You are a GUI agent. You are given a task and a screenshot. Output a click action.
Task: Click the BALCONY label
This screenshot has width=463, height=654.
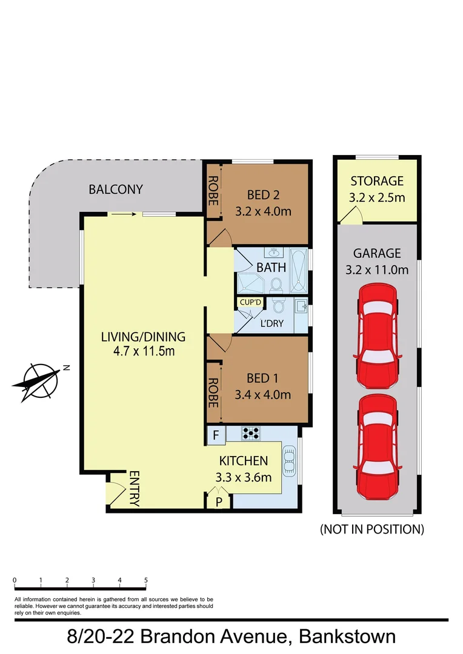point(116,189)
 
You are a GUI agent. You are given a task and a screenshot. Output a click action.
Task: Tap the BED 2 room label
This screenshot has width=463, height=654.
point(262,195)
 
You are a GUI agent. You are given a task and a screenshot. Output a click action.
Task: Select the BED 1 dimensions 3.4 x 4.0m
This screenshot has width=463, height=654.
point(262,395)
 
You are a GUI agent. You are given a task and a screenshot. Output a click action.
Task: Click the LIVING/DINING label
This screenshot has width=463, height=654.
point(143,337)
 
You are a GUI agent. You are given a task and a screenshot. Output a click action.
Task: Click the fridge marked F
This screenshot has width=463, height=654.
point(216,434)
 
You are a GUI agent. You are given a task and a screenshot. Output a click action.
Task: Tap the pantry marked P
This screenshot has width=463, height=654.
point(219,501)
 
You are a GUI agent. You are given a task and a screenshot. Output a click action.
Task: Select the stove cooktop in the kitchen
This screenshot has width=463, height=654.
point(251,432)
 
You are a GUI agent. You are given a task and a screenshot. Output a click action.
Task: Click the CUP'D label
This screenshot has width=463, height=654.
point(250,302)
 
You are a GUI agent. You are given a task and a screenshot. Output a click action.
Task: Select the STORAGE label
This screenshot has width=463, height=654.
point(377,180)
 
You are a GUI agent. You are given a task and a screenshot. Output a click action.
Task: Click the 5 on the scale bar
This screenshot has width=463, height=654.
point(146,580)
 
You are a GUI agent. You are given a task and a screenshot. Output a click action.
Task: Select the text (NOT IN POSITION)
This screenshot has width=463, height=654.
point(371,529)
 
